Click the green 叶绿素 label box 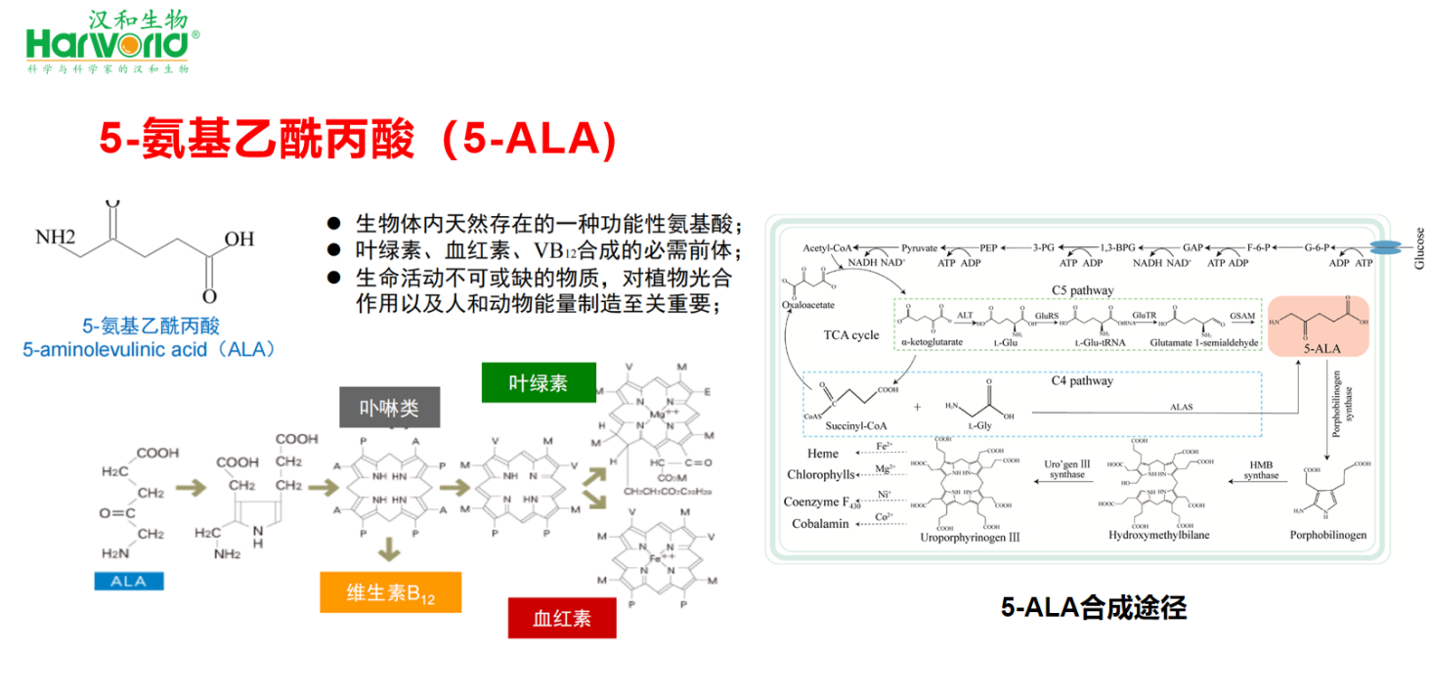point(539,382)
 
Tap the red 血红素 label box point(562,617)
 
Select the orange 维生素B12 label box point(390,592)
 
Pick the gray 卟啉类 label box point(389,408)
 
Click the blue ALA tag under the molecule point(128,581)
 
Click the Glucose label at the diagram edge point(1419,248)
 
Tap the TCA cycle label point(850,334)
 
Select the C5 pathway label point(1082,290)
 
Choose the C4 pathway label point(1082,380)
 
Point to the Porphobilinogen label point(1327,535)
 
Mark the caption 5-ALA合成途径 point(1093,607)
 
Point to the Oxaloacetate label point(808,304)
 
